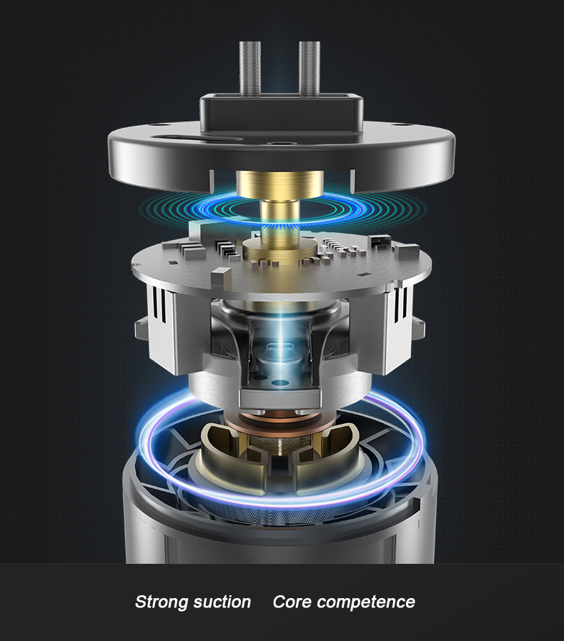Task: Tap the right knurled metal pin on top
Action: [310, 68]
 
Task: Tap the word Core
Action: [292, 602]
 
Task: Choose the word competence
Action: [365, 602]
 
